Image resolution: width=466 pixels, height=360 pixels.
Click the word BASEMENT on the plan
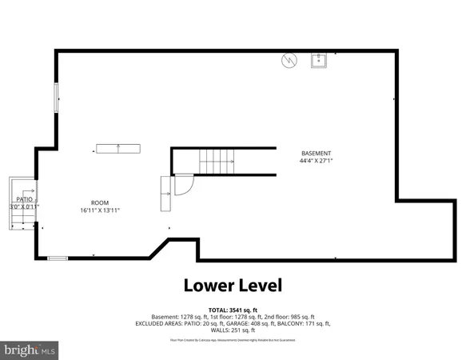pyautogui.click(x=316, y=154)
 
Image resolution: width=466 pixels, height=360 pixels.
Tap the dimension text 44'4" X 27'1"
pyautogui.click(x=316, y=161)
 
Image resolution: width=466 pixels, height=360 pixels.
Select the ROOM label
pyautogui.click(x=100, y=202)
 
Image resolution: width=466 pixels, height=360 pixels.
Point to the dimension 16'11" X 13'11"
pyautogui.click(x=100, y=210)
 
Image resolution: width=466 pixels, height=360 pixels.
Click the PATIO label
pyautogui.click(x=24, y=199)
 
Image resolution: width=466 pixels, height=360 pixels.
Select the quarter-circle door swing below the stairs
pyautogui.click(x=184, y=184)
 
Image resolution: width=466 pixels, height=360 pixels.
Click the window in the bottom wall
pyautogui.click(x=58, y=258)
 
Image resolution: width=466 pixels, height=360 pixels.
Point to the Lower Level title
pyautogui.click(x=233, y=285)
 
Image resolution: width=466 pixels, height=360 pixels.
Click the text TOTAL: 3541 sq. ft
pyautogui.click(x=233, y=309)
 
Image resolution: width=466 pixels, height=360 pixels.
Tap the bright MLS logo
pyautogui.click(x=30, y=350)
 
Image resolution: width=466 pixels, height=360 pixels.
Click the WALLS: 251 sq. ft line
pyautogui.click(x=233, y=330)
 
